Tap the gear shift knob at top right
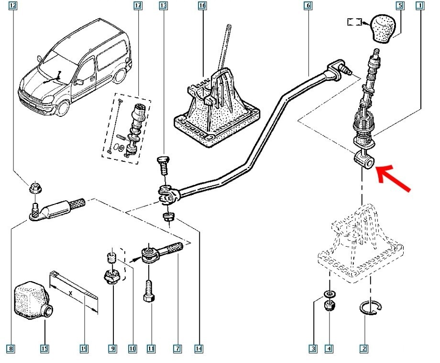click(383, 29)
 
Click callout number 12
click(12, 6)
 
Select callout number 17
click(138, 6)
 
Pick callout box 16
click(202, 6)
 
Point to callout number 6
click(308, 6)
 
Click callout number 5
click(400, 6)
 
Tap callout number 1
click(420, 6)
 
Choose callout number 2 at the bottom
click(363, 349)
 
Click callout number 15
click(44, 349)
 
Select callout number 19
click(84, 349)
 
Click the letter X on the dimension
click(71, 293)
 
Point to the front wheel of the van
click(63, 108)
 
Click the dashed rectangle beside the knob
click(354, 22)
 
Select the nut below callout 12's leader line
click(36, 188)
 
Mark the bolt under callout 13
click(163, 166)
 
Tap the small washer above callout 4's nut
click(329, 294)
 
